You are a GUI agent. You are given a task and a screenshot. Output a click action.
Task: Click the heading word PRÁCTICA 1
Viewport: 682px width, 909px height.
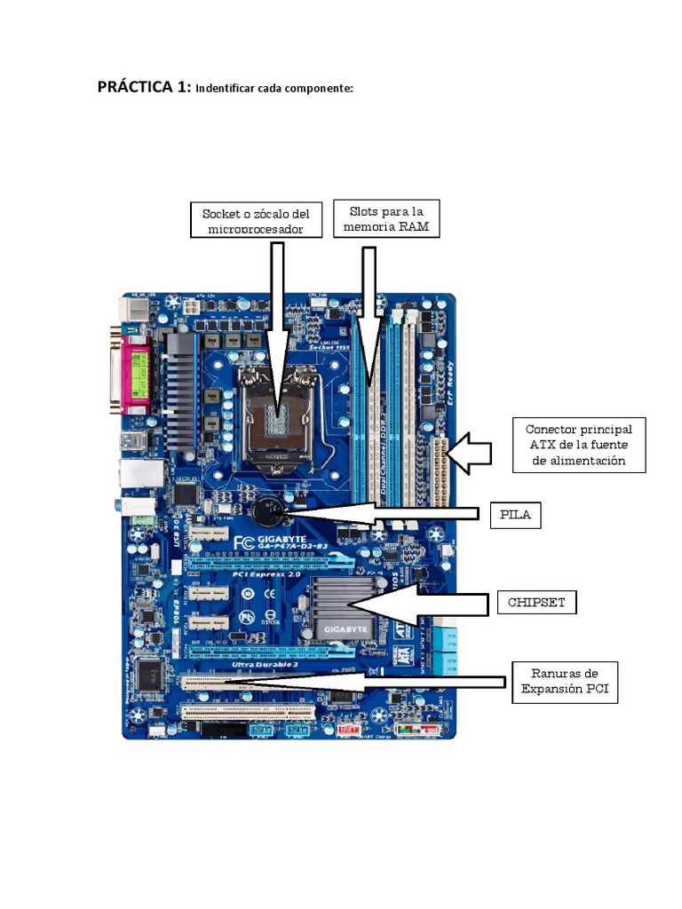click(x=143, y=87)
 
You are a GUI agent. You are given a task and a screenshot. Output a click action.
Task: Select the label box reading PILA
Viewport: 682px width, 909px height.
click(x=514, y=514)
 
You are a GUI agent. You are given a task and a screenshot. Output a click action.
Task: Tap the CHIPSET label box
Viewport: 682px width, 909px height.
click(x=535, y=603)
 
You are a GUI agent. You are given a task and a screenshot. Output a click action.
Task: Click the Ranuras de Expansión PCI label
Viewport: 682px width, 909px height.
click(x=565, y=682)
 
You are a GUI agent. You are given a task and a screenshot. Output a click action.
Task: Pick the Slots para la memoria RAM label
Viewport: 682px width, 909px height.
click(x=386, y=218)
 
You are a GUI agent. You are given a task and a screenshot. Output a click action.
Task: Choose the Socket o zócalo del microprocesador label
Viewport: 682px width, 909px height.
click(x=255, y=220)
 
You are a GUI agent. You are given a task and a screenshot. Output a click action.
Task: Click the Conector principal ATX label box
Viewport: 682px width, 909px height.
click(x=578, y=445)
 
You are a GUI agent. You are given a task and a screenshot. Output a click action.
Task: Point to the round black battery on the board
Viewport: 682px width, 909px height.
click(x=266, y=510)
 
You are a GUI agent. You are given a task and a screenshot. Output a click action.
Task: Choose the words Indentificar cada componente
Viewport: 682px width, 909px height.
click(x=274, y=89)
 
